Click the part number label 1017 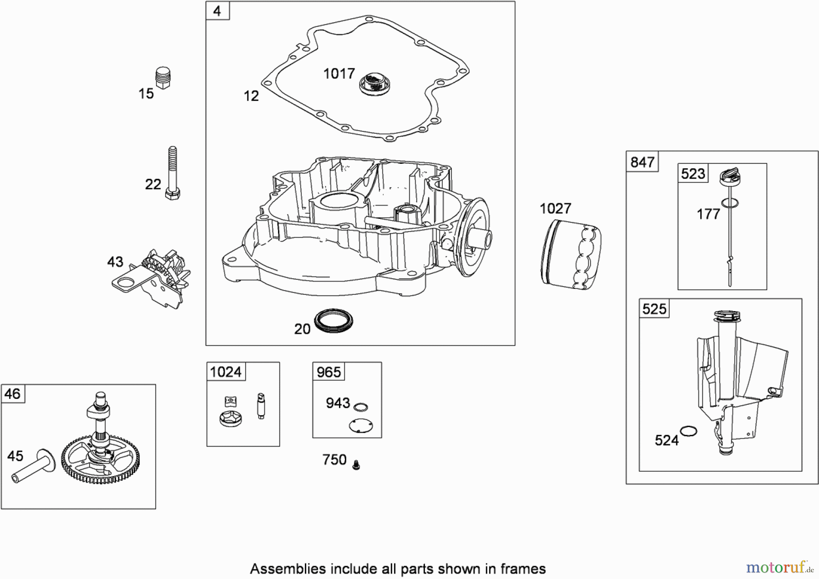pos(339,74)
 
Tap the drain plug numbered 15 pos(163,78)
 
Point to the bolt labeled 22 pos(172,173)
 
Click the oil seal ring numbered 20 pos(334,320)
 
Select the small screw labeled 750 pos(356,464)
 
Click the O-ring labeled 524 pos(688,431)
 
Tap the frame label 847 pos(642,162)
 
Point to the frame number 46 pos(12,394)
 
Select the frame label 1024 pos(226,372)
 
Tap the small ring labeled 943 pos(360,407)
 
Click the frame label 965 pos(329,372)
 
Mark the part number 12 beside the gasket pos(251,96)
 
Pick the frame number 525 pos(654,309)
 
